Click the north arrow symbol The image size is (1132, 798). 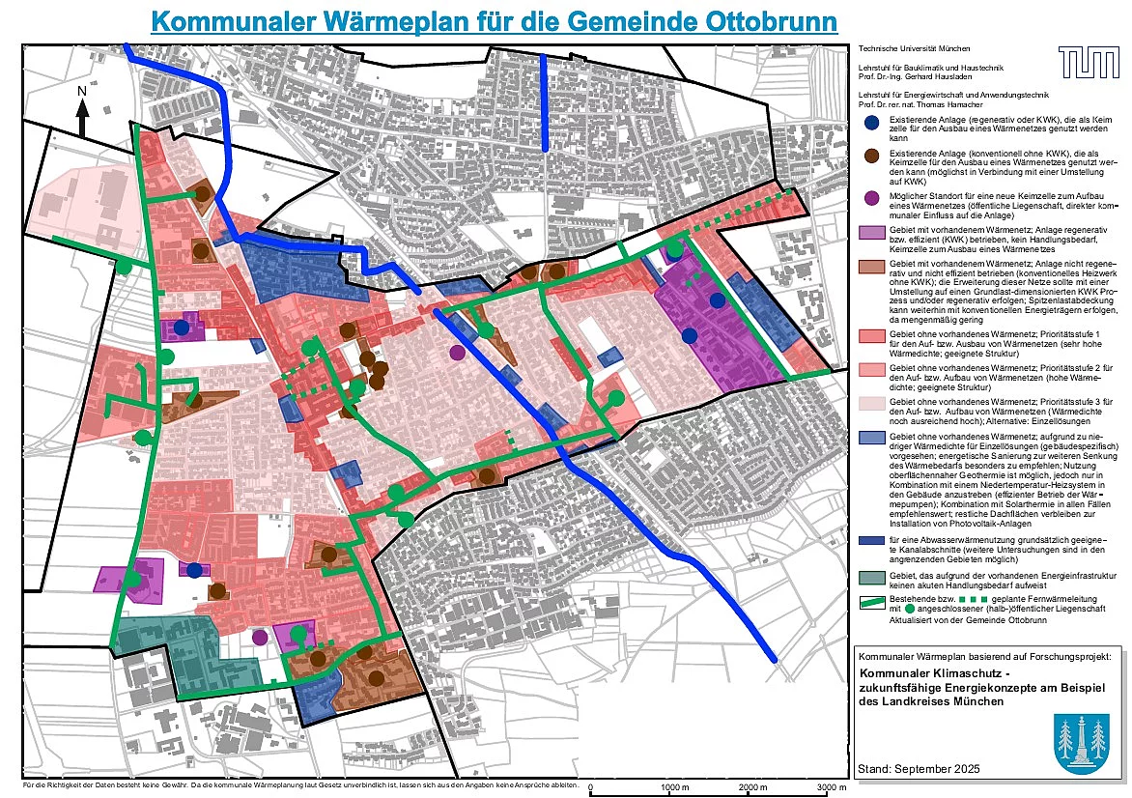pos(83,111)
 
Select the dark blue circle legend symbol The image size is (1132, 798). pos(871,123)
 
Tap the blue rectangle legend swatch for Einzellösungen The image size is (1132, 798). pos(871,438)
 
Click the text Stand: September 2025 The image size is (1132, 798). pos(918,768)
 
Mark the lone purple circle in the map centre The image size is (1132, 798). pos(457,353)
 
